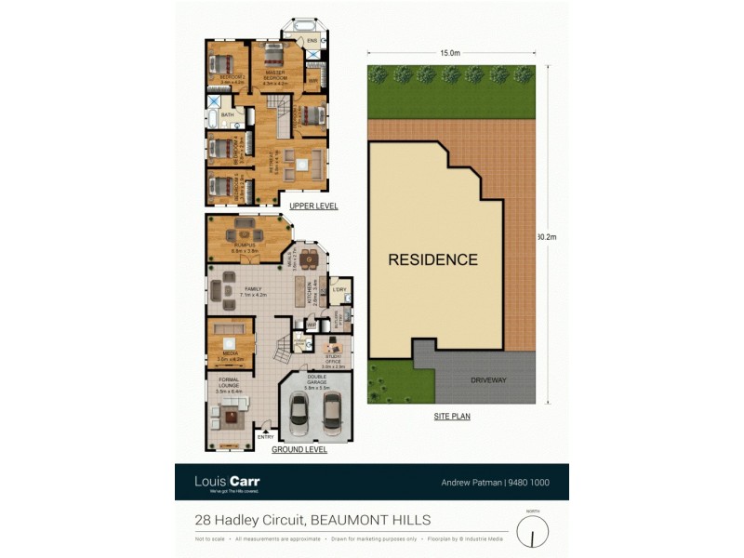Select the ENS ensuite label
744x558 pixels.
pyautogui.click(x=312, y=41)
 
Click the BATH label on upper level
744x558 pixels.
pyautogui.click(x=227, y=115)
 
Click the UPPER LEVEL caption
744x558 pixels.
pyautogui.click(x=313, y=206)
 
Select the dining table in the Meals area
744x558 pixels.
pyautogui.click(x=309, y=257)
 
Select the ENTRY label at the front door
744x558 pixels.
pyautogui.click(x=265, y=436)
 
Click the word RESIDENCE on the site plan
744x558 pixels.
pyautogui.click(x=432, y=259)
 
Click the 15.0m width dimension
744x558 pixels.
pyautogui.click(x=450, y=53)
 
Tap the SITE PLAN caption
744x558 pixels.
pyautogui.click(x=451, y=417)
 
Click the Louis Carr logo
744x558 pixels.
pyautogui.click(x=226, y=482)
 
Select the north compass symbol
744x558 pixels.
pyautogui.click(x=532, y=531)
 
